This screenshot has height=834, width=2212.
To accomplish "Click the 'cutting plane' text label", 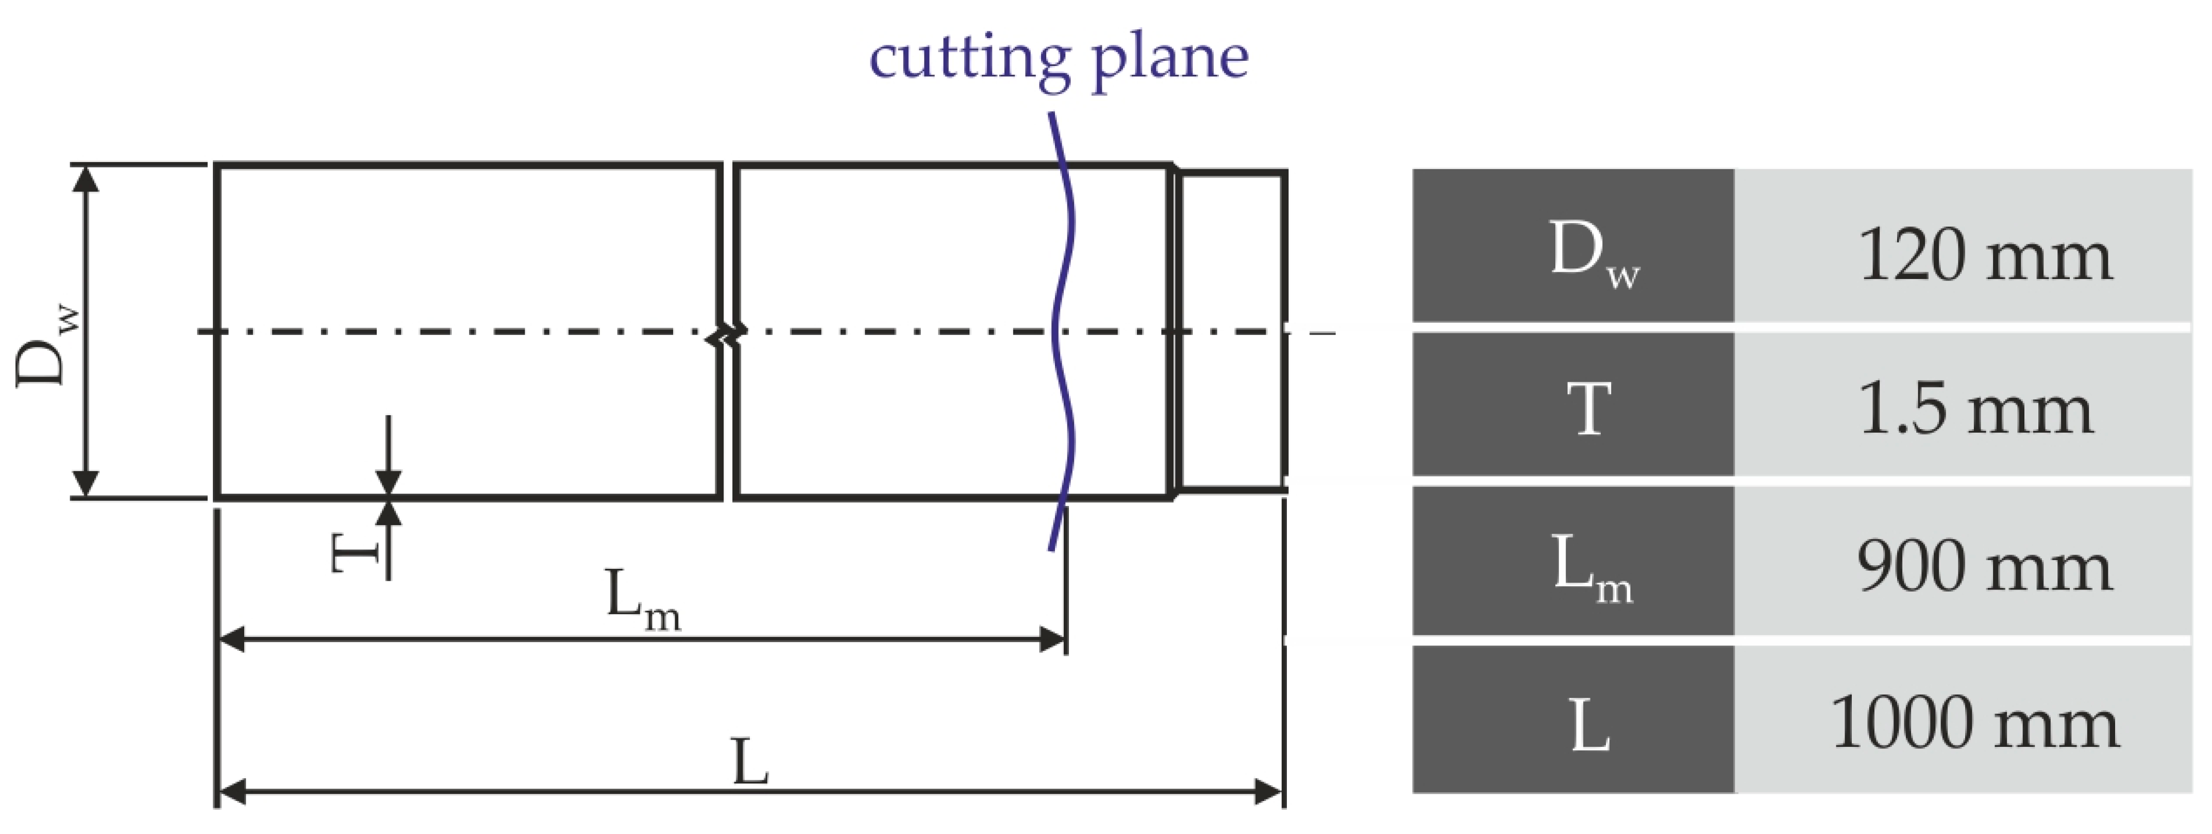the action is (1058, 58).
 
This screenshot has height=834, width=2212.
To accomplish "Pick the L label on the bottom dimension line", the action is (750, 763).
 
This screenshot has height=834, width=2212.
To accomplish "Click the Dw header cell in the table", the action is (1572, 247).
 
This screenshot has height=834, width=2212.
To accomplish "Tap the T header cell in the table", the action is (1572, 404).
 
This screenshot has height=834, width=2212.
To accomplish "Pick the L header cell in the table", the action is (1572, 720).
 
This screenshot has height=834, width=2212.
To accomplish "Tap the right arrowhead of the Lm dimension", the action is (1052, 639).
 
